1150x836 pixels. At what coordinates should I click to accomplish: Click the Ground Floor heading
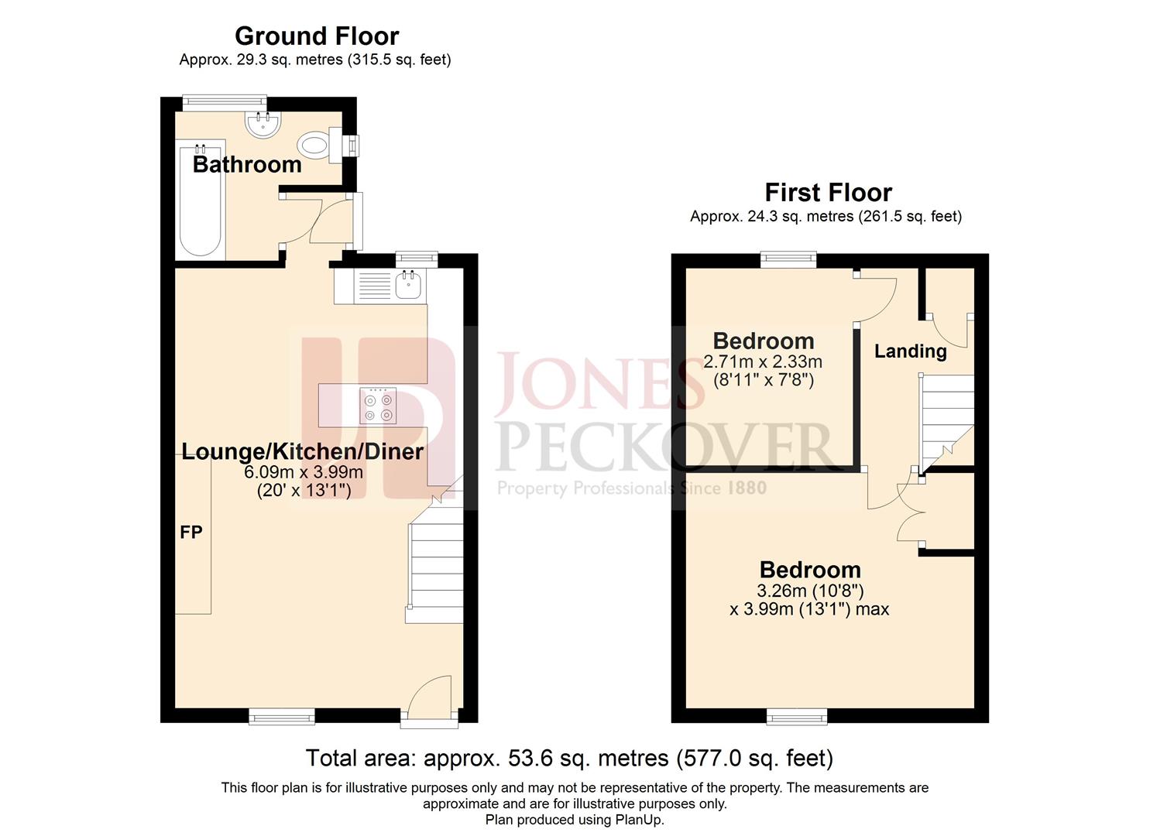point(316,36)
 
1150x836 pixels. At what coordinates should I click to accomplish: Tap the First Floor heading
point(828,192)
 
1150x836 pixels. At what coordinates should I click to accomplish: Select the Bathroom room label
point(247,164)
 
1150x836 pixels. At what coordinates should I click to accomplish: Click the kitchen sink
point(407,286)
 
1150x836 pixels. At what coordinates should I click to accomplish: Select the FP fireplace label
point(191,533)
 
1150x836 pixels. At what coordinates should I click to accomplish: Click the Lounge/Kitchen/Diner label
point(302,452)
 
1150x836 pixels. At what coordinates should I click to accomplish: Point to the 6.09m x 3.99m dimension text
point(304,472)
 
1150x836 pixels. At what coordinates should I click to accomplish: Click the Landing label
point(910,351)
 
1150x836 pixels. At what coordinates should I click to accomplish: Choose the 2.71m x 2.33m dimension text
point(763,361)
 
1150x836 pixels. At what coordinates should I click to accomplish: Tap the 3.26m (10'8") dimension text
point(809,591)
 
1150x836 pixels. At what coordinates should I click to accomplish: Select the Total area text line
point(569,758)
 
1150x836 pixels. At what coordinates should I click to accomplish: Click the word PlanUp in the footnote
point(639,820)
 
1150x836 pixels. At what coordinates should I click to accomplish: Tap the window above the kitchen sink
point(417,258)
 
